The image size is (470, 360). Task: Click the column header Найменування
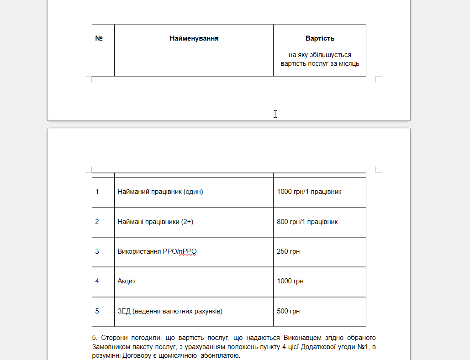194,38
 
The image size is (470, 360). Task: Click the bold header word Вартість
320,38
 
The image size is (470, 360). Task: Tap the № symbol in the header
99,38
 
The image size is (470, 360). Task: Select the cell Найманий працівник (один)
160,192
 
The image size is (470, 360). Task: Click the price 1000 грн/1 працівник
309,192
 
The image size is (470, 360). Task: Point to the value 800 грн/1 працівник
307,222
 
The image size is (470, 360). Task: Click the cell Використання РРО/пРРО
157,251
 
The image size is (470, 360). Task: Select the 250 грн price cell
288,251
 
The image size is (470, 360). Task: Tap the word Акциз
127,281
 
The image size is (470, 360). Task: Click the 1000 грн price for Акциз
290,281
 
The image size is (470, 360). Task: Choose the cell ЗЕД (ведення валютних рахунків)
170,311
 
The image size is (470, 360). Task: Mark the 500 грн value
288,311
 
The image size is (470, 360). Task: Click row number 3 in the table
97,251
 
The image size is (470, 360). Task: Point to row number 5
97,311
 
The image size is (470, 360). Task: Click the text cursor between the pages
275,114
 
